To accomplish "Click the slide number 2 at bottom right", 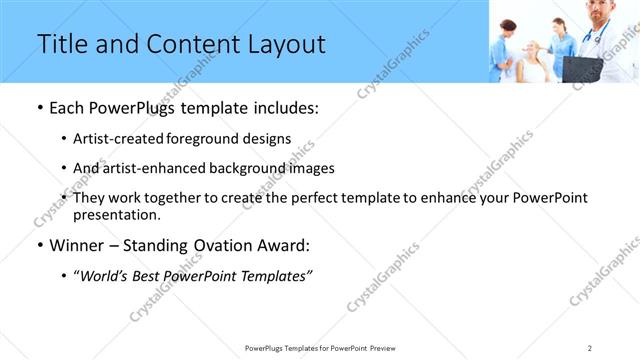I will [x=590, y=347].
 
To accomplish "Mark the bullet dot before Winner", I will [x=39, y=246].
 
